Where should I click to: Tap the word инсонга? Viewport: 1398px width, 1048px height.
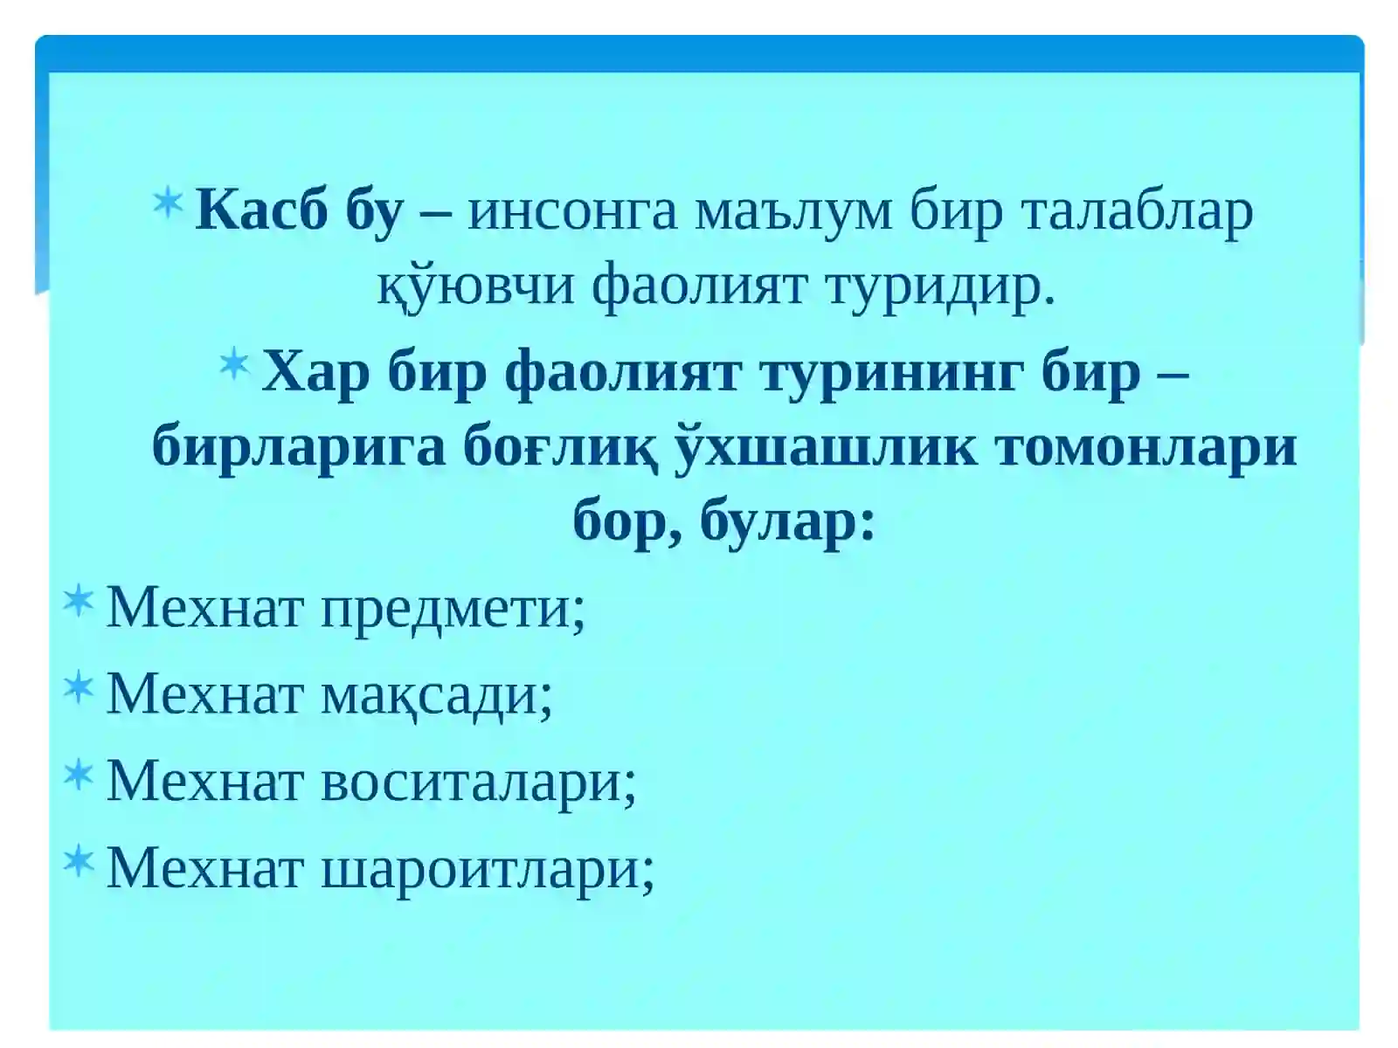[572, 212]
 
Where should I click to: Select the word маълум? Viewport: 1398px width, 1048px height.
[793, 212]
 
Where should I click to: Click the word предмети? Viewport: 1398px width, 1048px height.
[453, 607]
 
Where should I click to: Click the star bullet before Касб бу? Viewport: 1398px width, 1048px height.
[168, 203]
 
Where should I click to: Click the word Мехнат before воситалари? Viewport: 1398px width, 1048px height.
[204, 780]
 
